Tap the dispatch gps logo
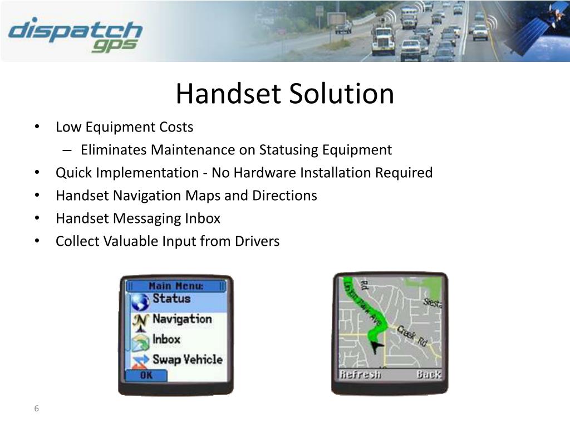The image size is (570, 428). tap(75, 35)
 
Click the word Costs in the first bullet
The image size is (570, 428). tap(176, 127)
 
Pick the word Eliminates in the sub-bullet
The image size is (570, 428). tap(114, 150)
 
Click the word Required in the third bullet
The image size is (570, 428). tap(404, 173)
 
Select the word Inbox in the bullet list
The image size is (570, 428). tap(203, 218)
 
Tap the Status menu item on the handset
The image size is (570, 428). tap(171, 299)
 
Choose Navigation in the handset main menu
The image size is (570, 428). tap(182, 319)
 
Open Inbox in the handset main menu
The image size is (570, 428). tap(166, 339)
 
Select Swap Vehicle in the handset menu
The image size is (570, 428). tap(187, 360)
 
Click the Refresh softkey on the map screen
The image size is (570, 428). tap(360, 374)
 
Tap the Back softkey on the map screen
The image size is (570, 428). tap(429, 374)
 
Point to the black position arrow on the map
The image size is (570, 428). tap(378, 347)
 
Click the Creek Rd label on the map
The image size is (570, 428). tap(412, 335)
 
